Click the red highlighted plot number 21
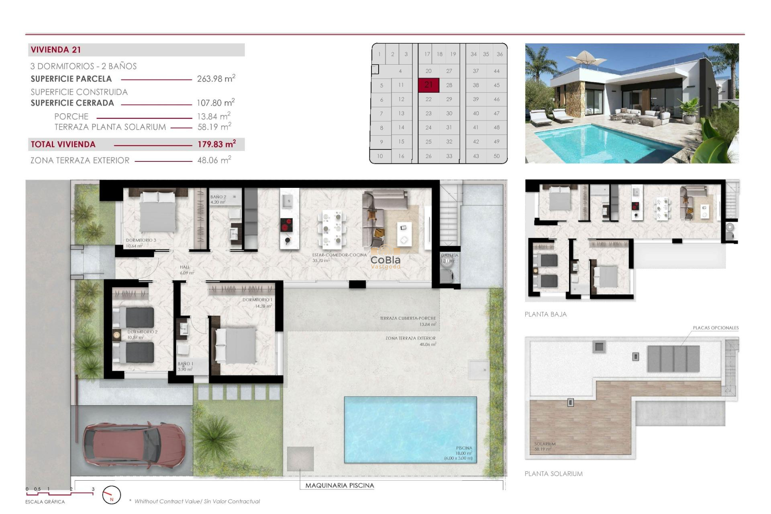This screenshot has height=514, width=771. click(428, 85)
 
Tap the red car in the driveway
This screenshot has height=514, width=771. click(134, 445)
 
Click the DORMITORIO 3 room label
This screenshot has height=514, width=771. click(141, 240)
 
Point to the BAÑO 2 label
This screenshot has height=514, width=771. click(218, 197)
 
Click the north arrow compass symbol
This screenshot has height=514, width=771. click(111, 495)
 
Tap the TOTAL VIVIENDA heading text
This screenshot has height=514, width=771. click(63, 145)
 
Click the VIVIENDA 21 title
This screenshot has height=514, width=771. click(56, 50)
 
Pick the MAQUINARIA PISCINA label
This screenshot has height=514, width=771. click(339, 485)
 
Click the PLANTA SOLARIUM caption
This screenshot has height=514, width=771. click(553, 474)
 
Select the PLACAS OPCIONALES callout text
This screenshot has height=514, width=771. click(715, 328)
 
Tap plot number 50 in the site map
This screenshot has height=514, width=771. click(496, 156)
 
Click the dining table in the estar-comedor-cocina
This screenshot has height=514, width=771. click(332, 229)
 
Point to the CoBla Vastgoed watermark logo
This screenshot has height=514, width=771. click(385, 262)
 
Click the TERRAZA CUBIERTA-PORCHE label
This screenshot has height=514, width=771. click(408, 318)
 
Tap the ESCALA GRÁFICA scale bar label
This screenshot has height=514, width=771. click(45, 502)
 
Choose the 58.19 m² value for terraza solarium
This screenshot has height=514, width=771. click(214, 127)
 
